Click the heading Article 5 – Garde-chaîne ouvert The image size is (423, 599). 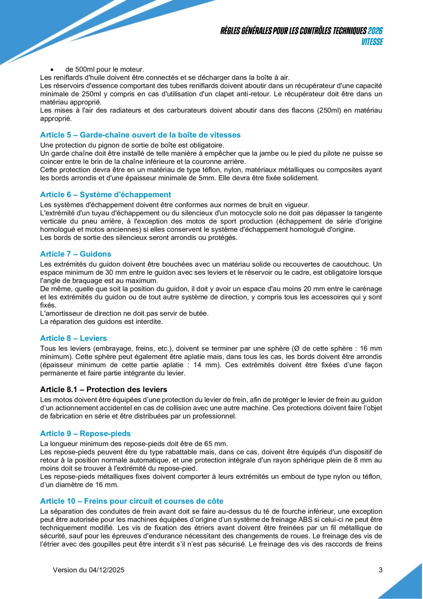point(140,135)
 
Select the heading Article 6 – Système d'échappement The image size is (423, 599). point(105,194)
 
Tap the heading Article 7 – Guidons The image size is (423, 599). point(75,254)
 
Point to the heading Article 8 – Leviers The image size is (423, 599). point(73,338)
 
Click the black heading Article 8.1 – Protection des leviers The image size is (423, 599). point(104,389)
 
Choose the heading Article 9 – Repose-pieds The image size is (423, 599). point(85,434)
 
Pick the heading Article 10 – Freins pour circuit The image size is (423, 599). point(132,501)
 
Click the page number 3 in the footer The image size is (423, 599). point(380,570)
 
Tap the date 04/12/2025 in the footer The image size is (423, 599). point(106,570)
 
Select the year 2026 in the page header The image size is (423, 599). point(375,31)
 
